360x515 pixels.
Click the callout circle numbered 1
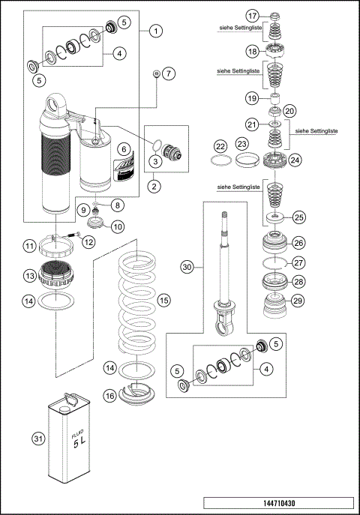(x=155, y=31)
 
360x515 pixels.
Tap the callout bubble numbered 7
(x=168, y=73)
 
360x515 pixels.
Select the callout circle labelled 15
(x=164, y=300)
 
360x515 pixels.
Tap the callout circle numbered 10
(x=118, y=226)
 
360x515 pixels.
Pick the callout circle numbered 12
(x=88, y=241)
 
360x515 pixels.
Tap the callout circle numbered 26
(x=298, y=243)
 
